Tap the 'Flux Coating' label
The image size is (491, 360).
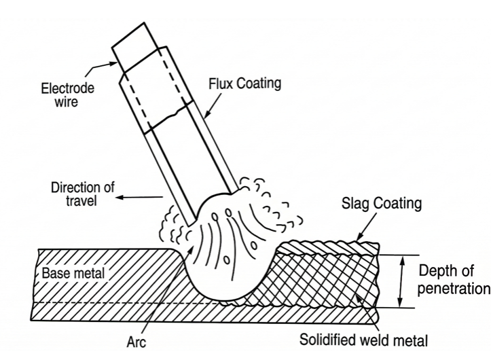(245, 84)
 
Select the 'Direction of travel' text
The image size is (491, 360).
(83, 194)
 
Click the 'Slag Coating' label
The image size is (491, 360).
(382, 203)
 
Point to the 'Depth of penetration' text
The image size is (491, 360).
(454, 280)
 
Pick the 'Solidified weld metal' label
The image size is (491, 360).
(363, 340)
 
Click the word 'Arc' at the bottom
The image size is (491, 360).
(137, 342)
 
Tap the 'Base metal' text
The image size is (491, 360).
(73, 273)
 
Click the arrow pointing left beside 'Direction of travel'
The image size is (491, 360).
(139, 197)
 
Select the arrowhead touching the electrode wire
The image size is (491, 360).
(113, 64)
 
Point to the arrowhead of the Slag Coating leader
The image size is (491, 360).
(361, 237)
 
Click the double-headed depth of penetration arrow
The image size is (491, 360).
(401, 281)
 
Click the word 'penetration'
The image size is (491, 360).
(454, 289)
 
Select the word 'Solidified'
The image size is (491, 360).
(329, 340)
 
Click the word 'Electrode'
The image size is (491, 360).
(67, 88)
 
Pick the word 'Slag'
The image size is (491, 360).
(354, 204)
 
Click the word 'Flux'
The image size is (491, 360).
(221, 84)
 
